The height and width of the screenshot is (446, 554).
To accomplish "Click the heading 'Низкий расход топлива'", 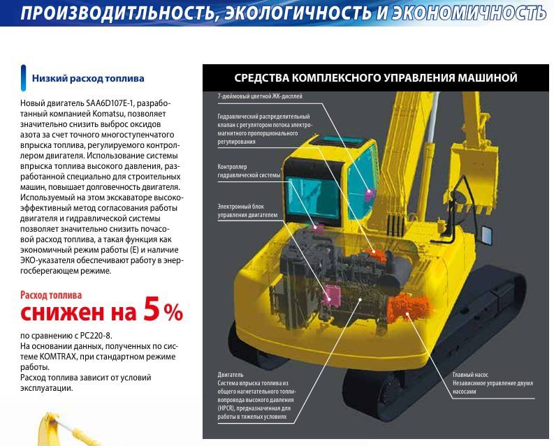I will tap(88, 78).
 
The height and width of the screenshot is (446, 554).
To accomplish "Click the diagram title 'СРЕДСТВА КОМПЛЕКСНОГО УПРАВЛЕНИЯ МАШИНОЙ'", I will tap(375, 77).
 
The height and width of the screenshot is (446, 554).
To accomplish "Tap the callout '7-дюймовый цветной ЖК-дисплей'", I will tap(260, 96).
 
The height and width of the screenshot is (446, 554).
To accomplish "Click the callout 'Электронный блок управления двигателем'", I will tap(247, 211).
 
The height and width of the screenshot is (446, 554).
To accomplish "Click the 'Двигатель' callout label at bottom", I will tap(231, 374).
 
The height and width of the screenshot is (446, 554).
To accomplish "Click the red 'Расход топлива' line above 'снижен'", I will tap(51, 294).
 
